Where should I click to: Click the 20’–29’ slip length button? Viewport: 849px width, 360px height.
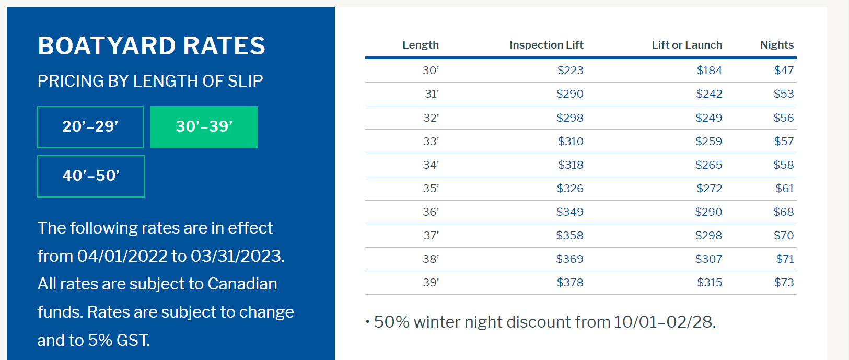[x=90, y=127]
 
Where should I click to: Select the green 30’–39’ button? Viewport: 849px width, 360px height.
[x=204, y=127]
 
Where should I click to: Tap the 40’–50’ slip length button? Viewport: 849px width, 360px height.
[x=91, y=176]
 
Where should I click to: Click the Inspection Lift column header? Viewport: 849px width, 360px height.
[x=546, y=45]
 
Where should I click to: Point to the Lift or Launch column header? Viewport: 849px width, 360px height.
[x=687, y=45]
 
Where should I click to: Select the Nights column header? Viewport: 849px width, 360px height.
[x=776, y=45]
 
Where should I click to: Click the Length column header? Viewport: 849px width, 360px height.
[x=421, y=45]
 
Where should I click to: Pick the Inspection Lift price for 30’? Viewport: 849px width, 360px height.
[x=570, y=71]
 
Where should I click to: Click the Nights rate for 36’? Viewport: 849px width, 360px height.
[x=783, y=212]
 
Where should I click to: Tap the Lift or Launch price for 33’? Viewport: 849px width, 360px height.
[x=708, y=142]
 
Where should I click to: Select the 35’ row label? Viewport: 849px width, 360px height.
[x=431, y=188]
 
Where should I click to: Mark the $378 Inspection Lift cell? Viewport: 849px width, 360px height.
[x=570, y=282]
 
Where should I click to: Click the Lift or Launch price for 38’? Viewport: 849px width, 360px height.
[x=708, y=259]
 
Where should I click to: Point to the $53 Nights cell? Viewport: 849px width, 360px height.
[x=783, y=94]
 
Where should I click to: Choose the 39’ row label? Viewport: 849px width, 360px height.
[x=431, y=282]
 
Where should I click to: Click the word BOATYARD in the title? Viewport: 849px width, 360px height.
[x=107, y=46]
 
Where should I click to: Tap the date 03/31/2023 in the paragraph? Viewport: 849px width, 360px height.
[x=237, y=256]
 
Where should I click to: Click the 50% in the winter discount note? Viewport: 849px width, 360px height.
[x=391, y=322]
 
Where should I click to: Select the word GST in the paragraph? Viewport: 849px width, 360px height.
[x=133, y=340]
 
